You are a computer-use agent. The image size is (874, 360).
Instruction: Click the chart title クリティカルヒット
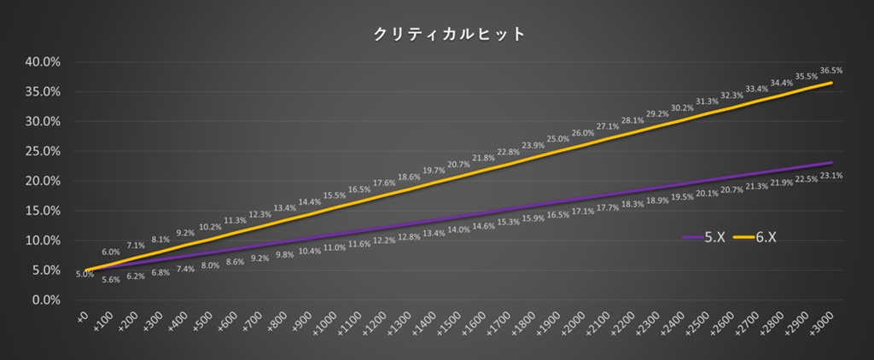pyautogui.click(x=436, y=35)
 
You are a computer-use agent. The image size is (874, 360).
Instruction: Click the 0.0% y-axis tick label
pyautogui.click(x=44, y=300)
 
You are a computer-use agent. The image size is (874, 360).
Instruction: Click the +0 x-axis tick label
pyautogui.click(x=82, y=317)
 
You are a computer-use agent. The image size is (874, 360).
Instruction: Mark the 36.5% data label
pyautogui.click(x=830, y=70)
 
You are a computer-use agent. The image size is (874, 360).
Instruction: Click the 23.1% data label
pyautogui.click(x=830, y=176)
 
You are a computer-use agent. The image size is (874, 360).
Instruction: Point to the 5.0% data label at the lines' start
pyautogui.click(x=84, y=274)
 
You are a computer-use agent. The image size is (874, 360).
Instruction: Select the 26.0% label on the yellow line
pyautogui.click(x=583, y=133)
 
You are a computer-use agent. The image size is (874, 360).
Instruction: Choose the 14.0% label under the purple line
pyautogui.click(x=459, y=229)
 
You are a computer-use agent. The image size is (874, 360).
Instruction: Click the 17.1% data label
pyautogui.click(x=583, y=212)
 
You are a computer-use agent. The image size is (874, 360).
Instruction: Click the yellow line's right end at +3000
pyautogui.click(x=832, y=83)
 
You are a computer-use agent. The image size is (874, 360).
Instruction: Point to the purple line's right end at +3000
pyautogui.click(x=832, y=162)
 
